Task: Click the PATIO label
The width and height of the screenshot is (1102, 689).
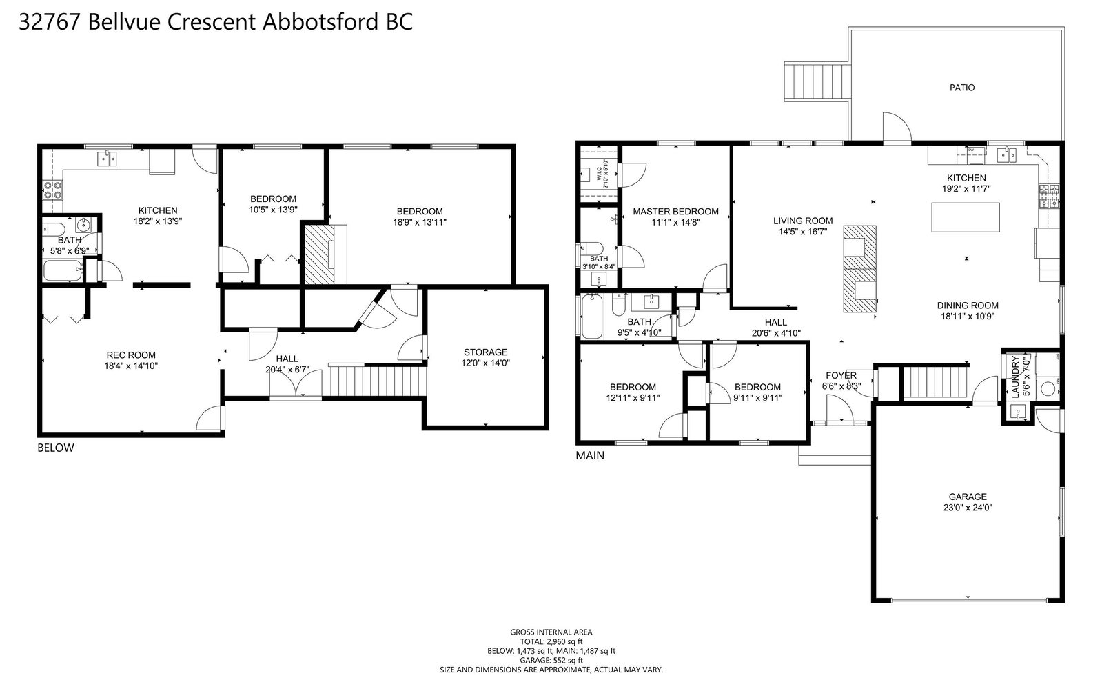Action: pyautogui.click(x=962, y=88)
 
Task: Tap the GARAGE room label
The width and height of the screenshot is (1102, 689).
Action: pyautogui.click(x=968, y=497)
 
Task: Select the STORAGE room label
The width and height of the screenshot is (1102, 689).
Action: pyautogui.click(x=486, y=352)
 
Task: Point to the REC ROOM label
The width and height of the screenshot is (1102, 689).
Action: pyautogui.click(x=131, y=355)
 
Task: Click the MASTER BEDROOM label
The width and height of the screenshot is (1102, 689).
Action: pyautogui.click(x=675, y=212)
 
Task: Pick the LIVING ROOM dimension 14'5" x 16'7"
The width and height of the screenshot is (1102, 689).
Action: pyautogui.click(x=803, y=232)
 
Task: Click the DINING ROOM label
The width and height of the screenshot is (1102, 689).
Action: pyautogui.click(x=968, y=306)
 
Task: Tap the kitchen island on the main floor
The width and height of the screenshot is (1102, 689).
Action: pyautogui.click(x=966, y=217)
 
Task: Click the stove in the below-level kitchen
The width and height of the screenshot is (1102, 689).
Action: pyautogui.click(x=52, y=190)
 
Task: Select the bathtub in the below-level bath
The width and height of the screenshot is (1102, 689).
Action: pyautogui.click(x=63, y=270)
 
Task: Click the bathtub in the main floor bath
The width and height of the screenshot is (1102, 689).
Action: pyautogui.click(x=592, y=317)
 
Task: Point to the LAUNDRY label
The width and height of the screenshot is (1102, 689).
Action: pyautogui.click(x=1015, y=377)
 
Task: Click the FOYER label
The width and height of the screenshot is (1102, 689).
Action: pyautogui.click(x=841, y=375)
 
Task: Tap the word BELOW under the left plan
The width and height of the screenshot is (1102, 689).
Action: pyautogui.click(x=56, y=448)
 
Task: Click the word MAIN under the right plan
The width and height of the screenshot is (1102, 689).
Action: pyautogui.click(x=590, y=456)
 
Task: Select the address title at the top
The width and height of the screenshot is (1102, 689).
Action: pyautogui.click(x=216, y=22)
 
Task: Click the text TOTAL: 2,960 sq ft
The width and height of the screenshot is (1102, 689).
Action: pyautogui.click(x=551, y=641)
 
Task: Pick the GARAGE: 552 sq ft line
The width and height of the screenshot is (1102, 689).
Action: pyautogui.click(x=551, y=661)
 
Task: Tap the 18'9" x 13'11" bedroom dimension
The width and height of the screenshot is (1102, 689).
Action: pyautogui.click(x=420, y=222)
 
